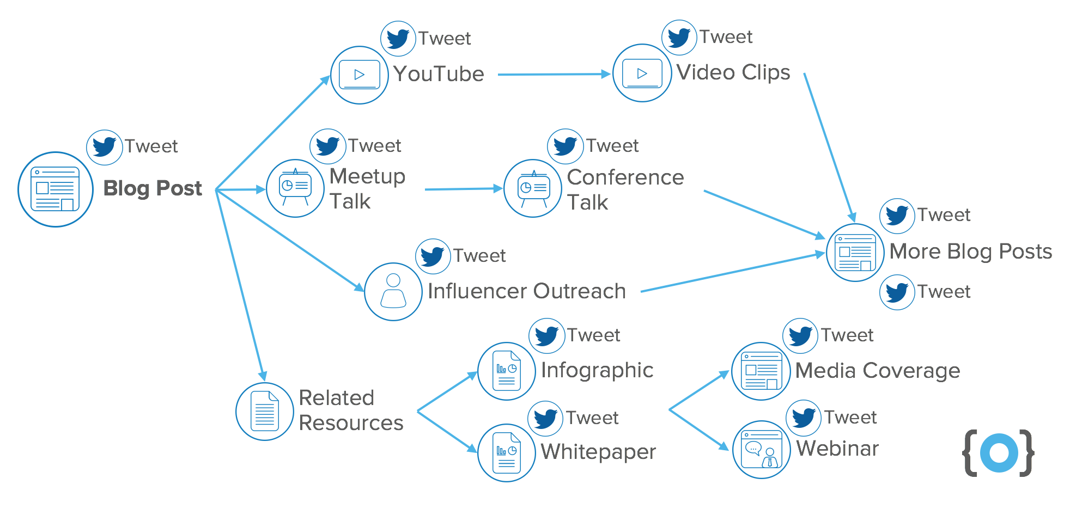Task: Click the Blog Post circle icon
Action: click(x=56, y=189)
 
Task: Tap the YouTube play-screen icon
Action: click(x=360, y=75)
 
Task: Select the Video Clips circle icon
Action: click(x=642, y=73)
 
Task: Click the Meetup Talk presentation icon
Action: click(x=295, y=188)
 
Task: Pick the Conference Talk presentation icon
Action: click(x=533, y=188)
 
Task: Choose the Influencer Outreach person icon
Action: click(x=393, y=292)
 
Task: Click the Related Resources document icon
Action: click(x=265, y=412)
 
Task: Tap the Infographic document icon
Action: click(x=507, y=371)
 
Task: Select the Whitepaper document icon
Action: click(x=507, y=453)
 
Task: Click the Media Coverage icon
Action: click(x=761, y=371)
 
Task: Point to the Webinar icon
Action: click(x=761, y=450)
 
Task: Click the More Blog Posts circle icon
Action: click(x=855, y=253)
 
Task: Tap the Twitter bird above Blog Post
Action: click(x=105, y=147)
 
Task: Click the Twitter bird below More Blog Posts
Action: click(x=897, y=292)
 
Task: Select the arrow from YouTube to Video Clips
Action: click(x=553, y=75)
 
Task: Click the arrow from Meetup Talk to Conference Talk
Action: click(x=463, y=189)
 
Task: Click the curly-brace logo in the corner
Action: click(x=999, y=453)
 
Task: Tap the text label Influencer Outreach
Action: click(x=526, y=291)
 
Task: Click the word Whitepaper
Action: click(x=598, y=452)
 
